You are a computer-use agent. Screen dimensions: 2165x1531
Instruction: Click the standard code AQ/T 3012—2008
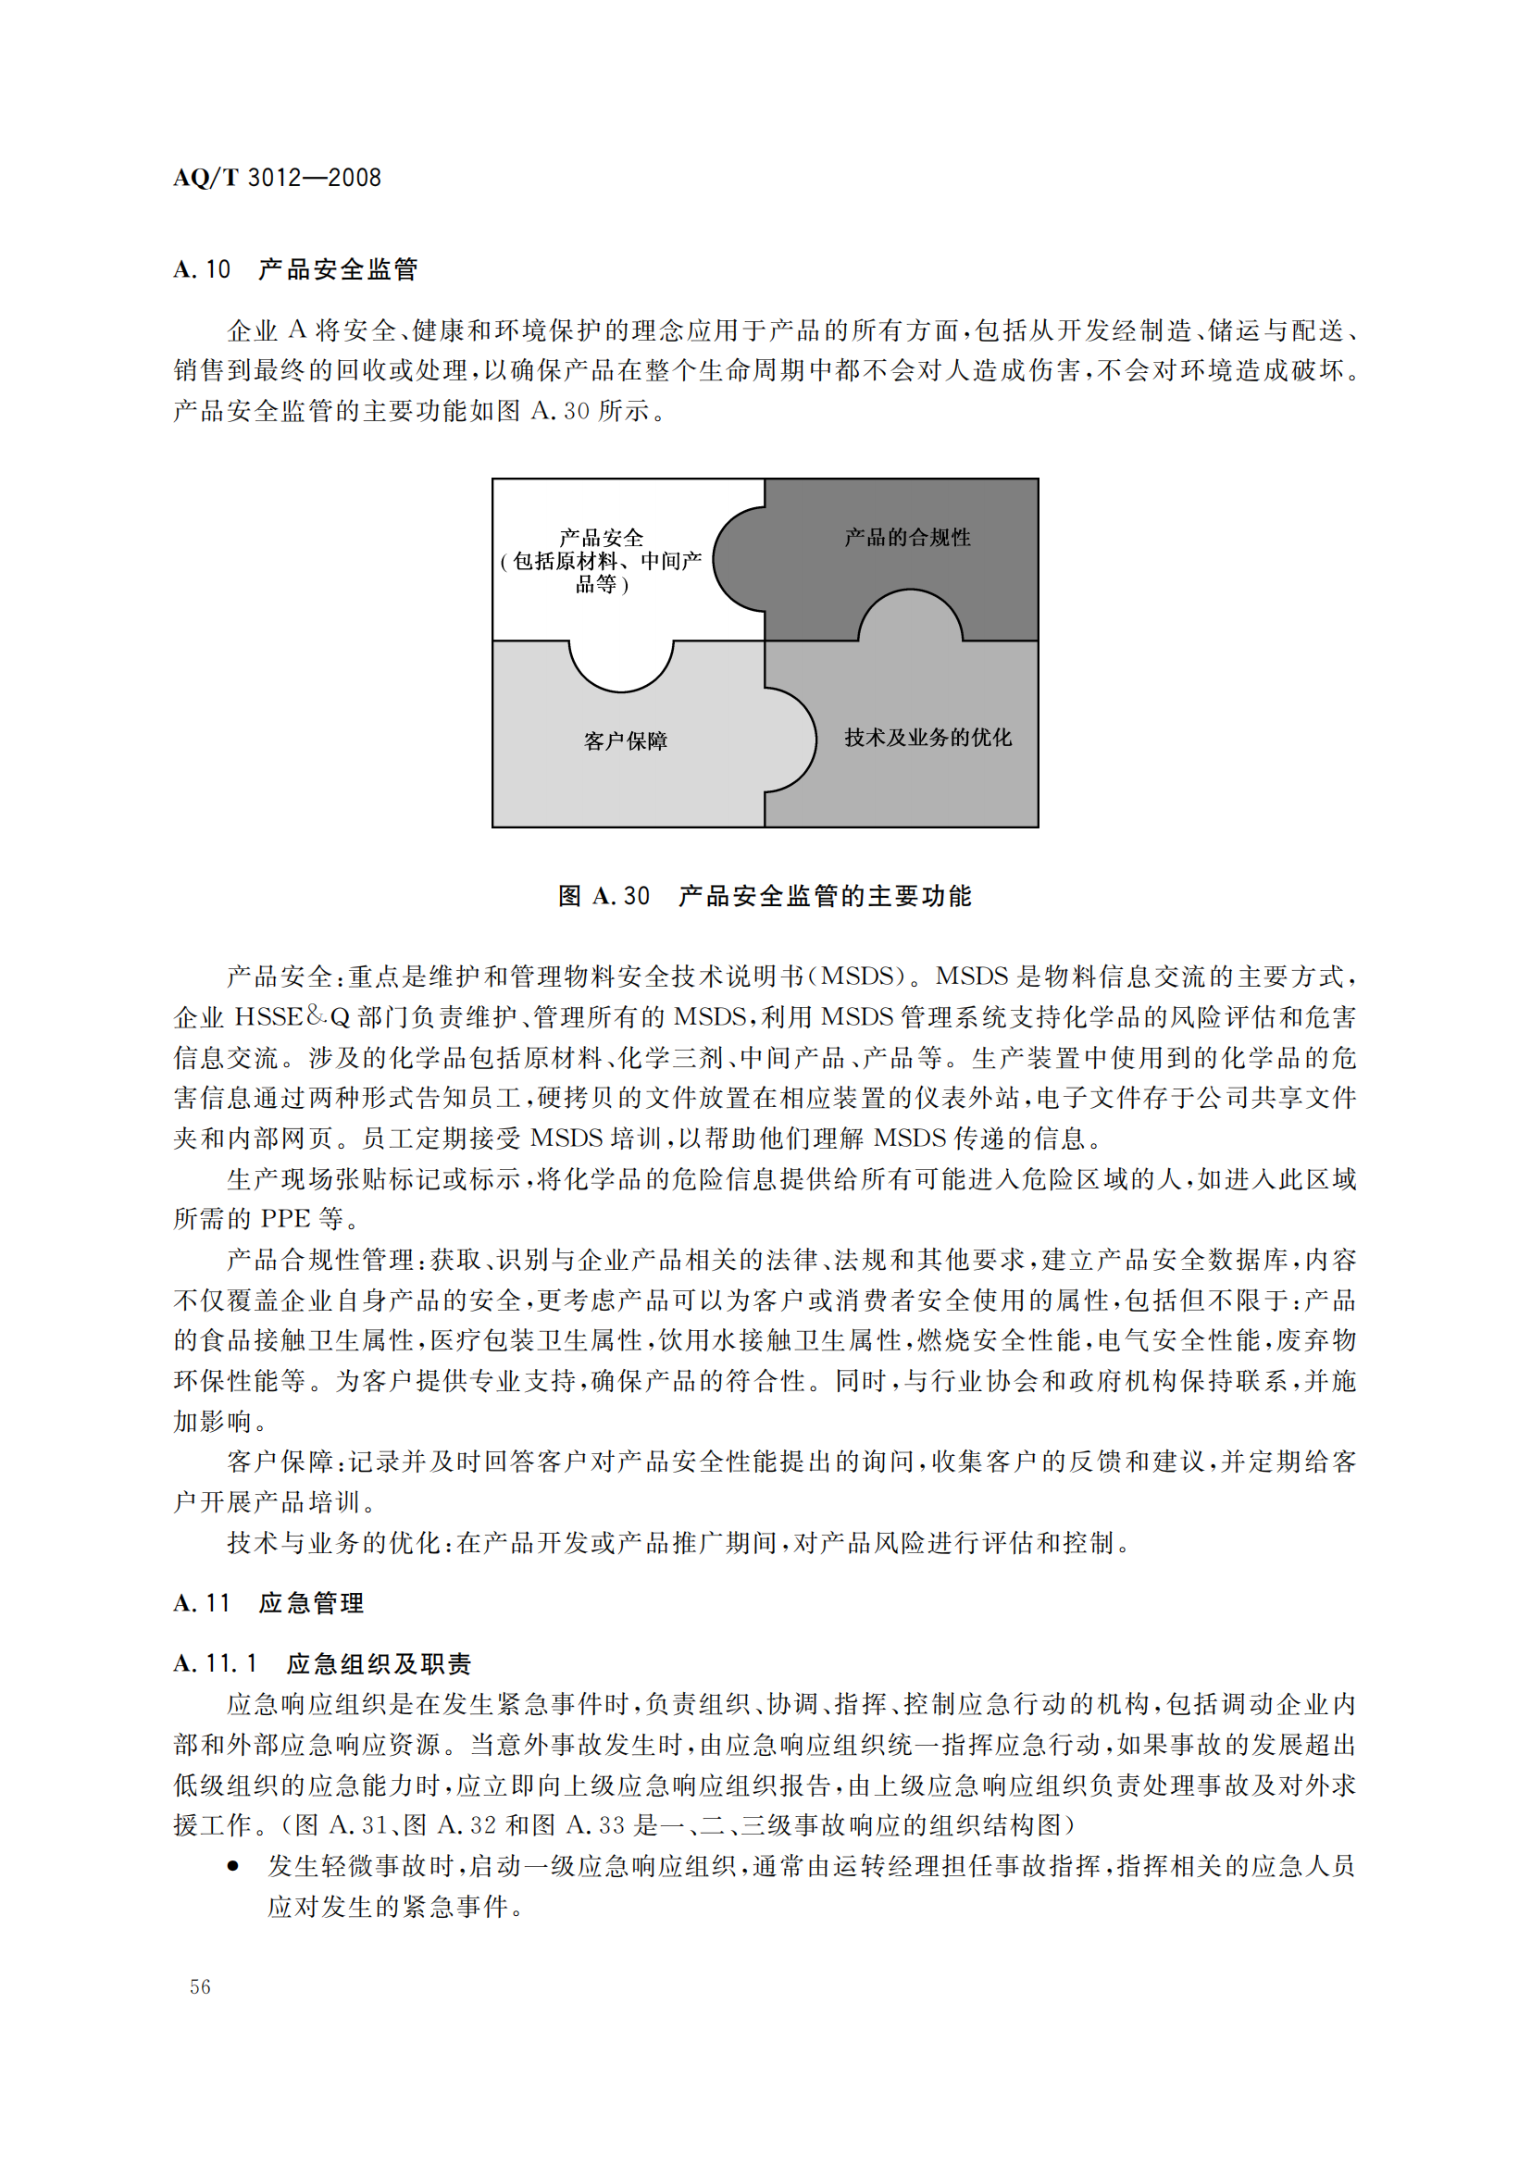tap(277, 178)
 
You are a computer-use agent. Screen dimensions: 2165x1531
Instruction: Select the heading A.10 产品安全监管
tap(295, 269)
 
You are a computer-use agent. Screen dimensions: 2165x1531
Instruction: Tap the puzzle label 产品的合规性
tap(907, 538)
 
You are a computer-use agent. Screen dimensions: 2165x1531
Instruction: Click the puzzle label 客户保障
tap(625, 741)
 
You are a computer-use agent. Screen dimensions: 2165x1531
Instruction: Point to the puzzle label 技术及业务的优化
tap(927, 738)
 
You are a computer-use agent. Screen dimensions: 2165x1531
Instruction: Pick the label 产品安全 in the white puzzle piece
tap(602, 538)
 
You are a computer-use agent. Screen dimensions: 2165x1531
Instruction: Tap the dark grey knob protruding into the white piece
tap(738, 559)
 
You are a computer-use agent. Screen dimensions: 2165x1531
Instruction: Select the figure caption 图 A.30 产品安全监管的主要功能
tap(765, 896)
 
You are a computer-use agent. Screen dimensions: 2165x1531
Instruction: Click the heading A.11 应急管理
tap(268, 1603)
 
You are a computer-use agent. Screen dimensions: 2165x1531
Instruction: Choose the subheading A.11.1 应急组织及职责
tap(322, 1663)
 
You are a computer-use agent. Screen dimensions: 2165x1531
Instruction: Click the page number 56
tap(200, 1986)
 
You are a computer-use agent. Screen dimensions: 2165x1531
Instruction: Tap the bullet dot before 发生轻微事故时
tap(232, 1866)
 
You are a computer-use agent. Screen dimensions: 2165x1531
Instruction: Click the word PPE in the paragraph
tap(285, 1218)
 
